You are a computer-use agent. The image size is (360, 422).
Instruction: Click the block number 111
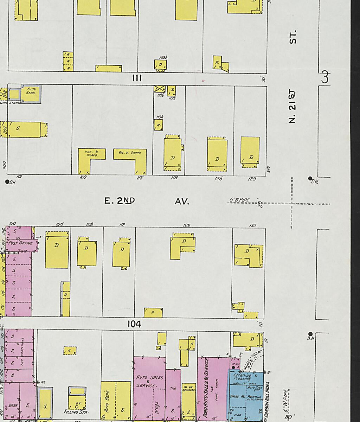pyautogui.click(x=137, y=78)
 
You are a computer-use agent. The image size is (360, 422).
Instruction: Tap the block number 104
pyautogui.click(x=134, y=324)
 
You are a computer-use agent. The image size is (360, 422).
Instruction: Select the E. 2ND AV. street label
pyautogui.click(x=147, y=201)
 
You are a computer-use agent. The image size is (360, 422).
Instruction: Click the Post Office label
pyautogui.click(x=21, y=243)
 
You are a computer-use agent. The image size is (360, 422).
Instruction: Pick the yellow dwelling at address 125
pyautogui.click(x=217, y=155)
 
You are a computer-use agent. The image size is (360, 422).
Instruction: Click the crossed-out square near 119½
pyautogui.click(x=159, y=89)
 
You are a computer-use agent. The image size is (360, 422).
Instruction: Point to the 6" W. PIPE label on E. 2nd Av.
pyautogui.click(x=239, y=200)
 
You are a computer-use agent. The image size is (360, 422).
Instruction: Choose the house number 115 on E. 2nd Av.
pyautogui.click(x=140, y=178)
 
